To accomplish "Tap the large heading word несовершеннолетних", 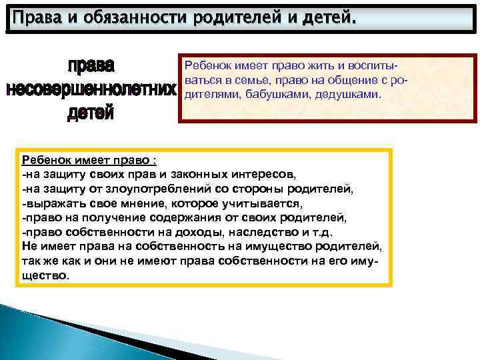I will point(91,89).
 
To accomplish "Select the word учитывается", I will point(267,203).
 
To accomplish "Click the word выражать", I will point(49,203).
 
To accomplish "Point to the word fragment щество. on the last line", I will point(45,275).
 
